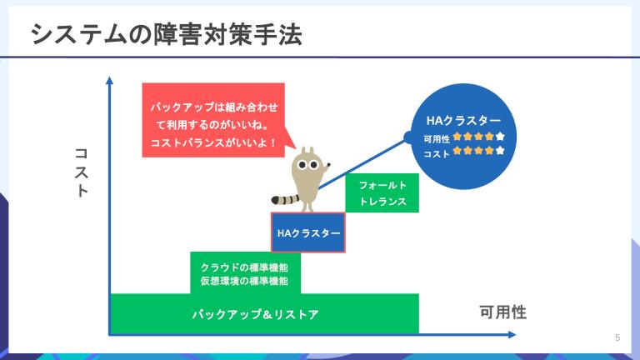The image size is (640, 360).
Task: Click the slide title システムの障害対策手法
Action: [x=167, y=34]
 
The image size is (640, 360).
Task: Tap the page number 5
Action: [x=617, y=337]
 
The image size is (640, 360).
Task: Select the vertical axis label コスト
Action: [x=81, y=172]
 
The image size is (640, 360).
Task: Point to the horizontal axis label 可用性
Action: [x=502, y=312]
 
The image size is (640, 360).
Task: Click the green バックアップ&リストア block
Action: [x=264, y=313]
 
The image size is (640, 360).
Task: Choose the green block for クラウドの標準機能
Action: [x=245, y=272]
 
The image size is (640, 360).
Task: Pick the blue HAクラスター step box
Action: [x=308, y=232]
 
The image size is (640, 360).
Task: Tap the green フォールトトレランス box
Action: [x=382, y=193]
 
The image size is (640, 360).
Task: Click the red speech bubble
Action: [x=213, y=120]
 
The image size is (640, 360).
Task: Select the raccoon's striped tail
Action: [x=285, y=200]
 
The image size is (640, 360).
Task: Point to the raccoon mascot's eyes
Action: [x=307, y=165]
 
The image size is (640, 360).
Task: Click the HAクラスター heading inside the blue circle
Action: [x=463, y=120]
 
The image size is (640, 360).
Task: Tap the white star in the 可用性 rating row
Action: [x=500, y=137]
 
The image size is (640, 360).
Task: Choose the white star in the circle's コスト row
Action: [x=500, y=151]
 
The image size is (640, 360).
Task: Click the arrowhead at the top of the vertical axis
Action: [x=109, y=80]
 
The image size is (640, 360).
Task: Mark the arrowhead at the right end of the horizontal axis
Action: [x=512, y=335]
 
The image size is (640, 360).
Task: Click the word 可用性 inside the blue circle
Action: [x=437, y=139]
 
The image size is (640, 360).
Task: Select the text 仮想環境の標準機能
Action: [x=244, y=281]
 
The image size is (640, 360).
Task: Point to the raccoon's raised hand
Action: [x=327, y=166]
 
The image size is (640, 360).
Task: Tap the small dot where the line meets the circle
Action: [x=409, y=137]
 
